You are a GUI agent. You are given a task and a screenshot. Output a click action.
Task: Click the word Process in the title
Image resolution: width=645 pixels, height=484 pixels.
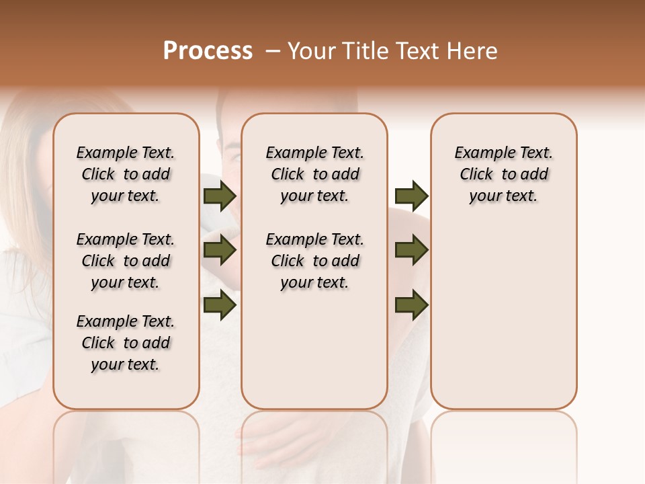(x=208, y=51)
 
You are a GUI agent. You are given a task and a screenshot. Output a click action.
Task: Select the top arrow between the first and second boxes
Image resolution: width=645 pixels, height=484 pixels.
(x=220, y=196)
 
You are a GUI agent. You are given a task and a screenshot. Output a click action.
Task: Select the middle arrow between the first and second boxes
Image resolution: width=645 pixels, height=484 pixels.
(x=220, y=251)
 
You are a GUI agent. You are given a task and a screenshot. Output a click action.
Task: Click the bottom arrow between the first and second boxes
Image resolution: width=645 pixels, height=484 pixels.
(x=220, y=305)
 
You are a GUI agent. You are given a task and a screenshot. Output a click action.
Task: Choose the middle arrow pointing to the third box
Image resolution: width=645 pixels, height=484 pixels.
(x=411, y=251)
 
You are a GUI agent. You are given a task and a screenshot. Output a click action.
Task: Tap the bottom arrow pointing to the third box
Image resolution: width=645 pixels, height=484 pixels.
(x=411, y=305)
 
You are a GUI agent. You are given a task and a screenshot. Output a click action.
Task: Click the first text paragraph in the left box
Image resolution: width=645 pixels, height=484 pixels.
(x=126, y=174)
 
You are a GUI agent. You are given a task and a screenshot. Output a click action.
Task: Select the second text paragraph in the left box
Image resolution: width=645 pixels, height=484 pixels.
(x=126, y=261)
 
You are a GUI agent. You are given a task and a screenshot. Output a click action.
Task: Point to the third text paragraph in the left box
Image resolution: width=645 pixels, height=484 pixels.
(x=126, y=343)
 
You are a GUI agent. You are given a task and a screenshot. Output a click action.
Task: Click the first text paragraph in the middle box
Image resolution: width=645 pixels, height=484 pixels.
(x=314, y=174)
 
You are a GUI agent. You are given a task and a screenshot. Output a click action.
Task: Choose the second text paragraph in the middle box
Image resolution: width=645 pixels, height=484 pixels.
(x=314, y=261)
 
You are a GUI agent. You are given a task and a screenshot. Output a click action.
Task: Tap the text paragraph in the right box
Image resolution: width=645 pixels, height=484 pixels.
(x=503, y=174)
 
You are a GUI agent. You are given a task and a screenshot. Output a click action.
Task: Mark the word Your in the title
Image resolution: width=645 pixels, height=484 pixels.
(x=312, y=51)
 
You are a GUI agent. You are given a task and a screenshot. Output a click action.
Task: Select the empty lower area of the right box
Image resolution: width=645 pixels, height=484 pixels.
(x=503, y=316)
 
